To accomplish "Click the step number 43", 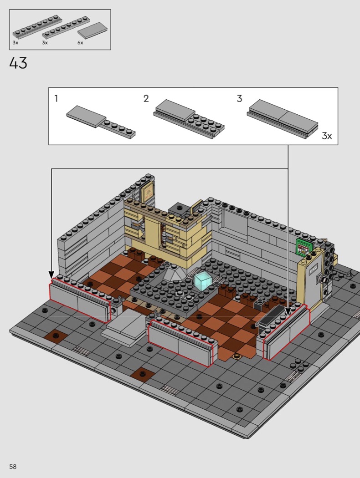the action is tap(18, 63).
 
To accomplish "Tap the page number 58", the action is tap(13, 467).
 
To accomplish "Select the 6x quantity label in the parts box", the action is tap(80, 43).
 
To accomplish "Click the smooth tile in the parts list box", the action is tap(93, 31).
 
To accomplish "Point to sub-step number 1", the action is tap(56, 98).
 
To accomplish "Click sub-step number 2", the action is tap(146, 98).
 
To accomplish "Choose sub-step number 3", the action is tap(240, 98).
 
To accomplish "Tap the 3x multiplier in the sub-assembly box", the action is tap(327, 136).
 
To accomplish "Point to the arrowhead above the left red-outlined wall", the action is tap(51, 275).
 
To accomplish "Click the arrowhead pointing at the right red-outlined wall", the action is tap(288, 311).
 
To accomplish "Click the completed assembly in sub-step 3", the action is tap(283, 118).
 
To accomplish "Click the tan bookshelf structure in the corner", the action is tap(167, 232).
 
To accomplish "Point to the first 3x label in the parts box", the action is tap(15, 43).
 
